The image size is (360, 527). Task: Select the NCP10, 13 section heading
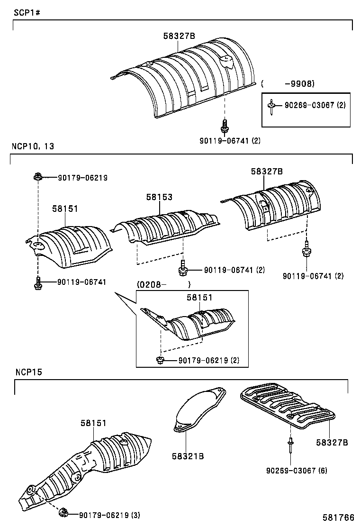coord(33,146)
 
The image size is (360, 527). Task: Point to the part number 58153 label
coord(159,197)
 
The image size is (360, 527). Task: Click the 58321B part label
coord(188,456)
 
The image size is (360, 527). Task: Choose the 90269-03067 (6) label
coord(297,470)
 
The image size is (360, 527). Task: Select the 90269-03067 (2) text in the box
coord(315,105)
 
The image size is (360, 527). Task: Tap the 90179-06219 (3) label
coord(109,515)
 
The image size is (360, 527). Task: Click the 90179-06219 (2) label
coord(209,361)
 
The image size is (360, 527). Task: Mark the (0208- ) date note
coord(163,284)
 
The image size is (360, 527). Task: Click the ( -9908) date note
coord(288,84)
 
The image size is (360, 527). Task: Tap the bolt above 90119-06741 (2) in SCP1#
coord(225,126)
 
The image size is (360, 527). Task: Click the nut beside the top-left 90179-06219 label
coord(37,177)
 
